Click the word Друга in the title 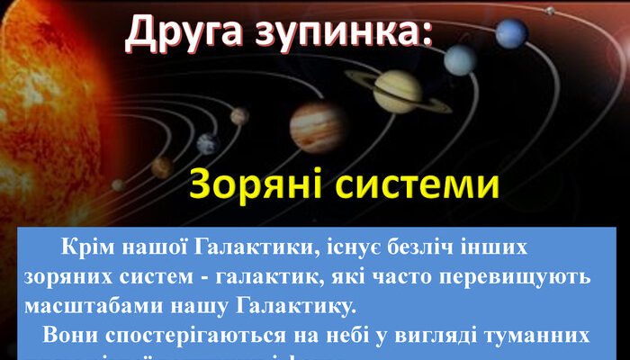coord(176,33)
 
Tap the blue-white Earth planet coord(208,143)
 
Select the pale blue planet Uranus coord(461,60)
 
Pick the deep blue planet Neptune coord(511,33)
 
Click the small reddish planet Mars coord(239,116)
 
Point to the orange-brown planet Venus coord(162,167)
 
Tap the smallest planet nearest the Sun coord(118,184)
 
